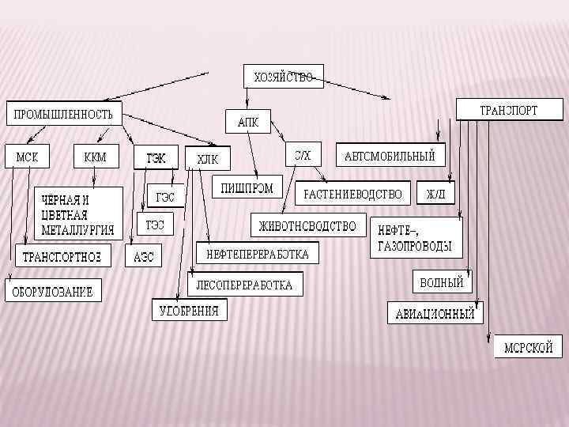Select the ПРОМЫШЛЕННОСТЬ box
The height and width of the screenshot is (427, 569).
[x=64, y=114]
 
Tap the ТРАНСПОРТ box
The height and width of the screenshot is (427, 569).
[x=509, y=110]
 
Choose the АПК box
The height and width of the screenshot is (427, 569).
[x=248, y=123]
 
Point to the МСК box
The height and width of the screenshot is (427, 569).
[x=27, y=157]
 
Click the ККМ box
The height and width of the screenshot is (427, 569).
[x=95, y=157]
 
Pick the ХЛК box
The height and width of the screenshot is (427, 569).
[x=207, y=159]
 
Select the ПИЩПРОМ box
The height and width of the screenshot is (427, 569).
[x=248, y=188]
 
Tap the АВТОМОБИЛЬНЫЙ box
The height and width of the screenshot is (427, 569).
[x=390, y=155]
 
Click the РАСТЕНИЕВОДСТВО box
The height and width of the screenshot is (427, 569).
[x=353, y=194]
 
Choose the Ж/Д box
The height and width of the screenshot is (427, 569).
[x=435, y=194]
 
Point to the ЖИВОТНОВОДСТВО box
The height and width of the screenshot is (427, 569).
[x=308, y=226]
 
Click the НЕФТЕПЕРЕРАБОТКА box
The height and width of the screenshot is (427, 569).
[x=258, y=254]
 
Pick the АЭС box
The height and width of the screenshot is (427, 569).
[x=144, y=257]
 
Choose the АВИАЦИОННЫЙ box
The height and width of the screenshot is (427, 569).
[x=435, y=313]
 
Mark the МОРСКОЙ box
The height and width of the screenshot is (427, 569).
[x=529, y=346]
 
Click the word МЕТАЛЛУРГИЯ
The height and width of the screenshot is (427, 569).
[x=77, y=231]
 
